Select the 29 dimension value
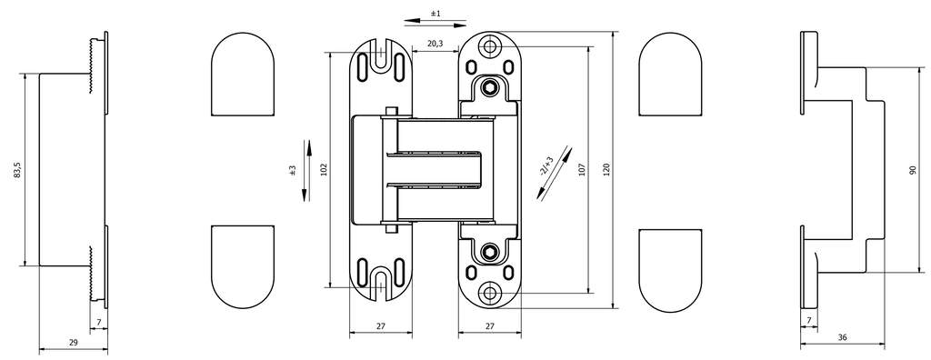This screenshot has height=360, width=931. [x=74, y=342]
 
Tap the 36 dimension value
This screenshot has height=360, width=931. [x=843, y=337]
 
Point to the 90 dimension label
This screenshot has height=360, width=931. [x=913, y=171]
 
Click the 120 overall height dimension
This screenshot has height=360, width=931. [x=606, y=171]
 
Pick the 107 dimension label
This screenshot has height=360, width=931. [x=582, y=171]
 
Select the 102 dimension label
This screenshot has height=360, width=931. [x=324, y=170]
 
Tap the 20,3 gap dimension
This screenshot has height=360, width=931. [x=435, y=44]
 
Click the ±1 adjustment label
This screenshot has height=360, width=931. [x=435, y=13]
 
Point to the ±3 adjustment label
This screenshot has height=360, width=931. [x=292, y=171]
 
